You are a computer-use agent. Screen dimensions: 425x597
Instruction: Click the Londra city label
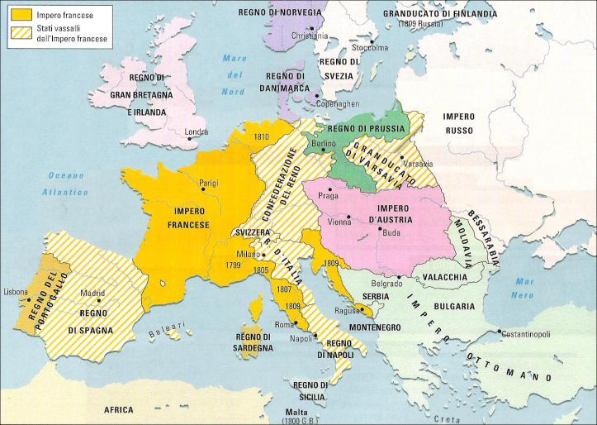pos(197,131)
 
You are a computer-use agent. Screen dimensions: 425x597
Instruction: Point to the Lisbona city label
pos(17,293)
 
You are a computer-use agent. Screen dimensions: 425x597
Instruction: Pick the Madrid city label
pos(92,293)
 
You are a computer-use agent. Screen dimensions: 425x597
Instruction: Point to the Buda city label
pos(391,233)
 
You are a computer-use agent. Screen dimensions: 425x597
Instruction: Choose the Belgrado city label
pos(384,284)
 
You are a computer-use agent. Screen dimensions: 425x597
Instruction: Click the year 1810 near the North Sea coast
pos(263,136)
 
